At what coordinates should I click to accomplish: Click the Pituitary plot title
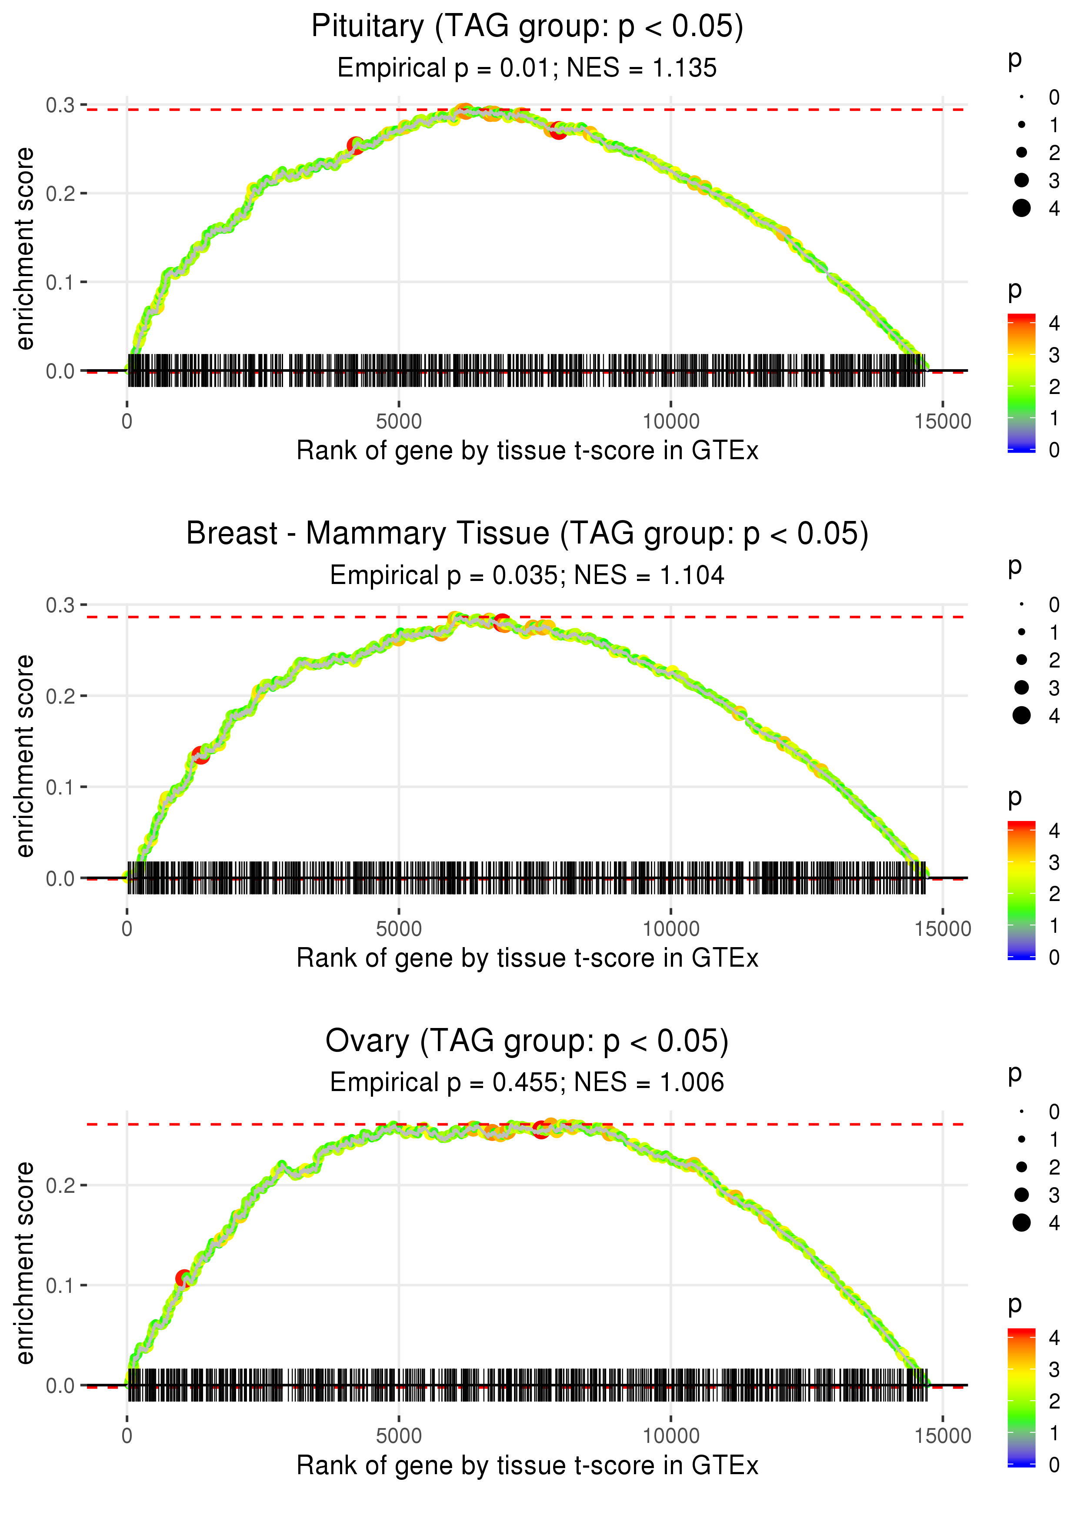point(527,27)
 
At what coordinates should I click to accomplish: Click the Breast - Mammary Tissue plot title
point(527,534)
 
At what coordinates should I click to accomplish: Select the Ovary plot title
point(527,1041)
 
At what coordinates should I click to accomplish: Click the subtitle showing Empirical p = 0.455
point(527,1082)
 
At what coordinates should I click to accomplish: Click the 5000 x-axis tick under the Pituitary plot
point(399,422)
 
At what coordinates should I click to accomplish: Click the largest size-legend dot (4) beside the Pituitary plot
point(1021,208)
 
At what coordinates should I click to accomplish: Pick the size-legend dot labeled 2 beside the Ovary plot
point(1021,1167)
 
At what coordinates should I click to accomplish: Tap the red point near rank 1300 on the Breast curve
point(200,755)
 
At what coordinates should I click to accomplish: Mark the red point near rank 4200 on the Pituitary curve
point(355,145)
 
